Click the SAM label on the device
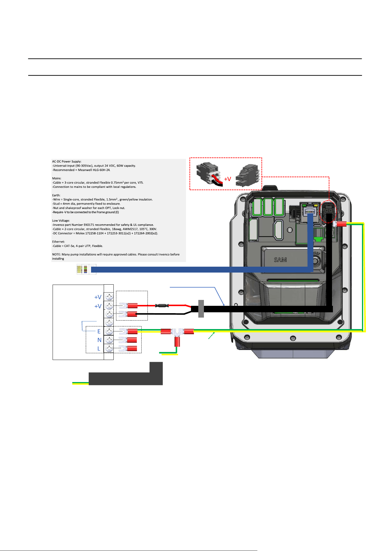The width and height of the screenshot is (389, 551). click(x=280, y=260)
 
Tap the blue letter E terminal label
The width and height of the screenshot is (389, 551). click(x=99, y=331)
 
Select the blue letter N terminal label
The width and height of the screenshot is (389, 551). click(x=99, y=340)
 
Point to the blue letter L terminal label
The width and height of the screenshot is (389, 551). click(x=99, y=348)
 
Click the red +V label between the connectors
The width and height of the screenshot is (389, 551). click(x=227, y=179)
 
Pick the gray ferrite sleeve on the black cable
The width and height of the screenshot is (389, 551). click(x=201, y=309)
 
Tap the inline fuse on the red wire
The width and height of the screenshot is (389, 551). click(x=162, y=306)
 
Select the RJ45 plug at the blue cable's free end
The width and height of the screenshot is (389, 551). click(x=86, y=269)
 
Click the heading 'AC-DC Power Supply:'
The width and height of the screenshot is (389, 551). click(x=67, y=162)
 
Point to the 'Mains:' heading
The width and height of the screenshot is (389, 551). click(x=57, y=178)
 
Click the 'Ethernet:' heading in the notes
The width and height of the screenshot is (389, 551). click(x=58, y=242)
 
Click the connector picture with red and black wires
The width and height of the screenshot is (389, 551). click(x=209, y=175)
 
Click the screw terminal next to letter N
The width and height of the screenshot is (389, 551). click(x=109, y=340)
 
